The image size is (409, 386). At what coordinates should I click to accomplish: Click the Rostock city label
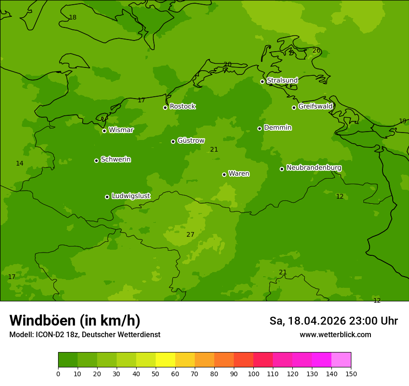[182, 106]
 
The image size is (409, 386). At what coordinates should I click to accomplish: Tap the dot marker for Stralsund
[262, 81]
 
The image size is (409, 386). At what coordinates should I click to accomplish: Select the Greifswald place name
[315, 106]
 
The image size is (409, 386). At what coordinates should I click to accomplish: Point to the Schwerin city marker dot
[96, 160]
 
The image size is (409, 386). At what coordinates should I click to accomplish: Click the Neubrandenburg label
[314, 168]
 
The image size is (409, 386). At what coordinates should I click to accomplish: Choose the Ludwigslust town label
[131, 196]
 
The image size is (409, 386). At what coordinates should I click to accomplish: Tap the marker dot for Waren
[224, 174]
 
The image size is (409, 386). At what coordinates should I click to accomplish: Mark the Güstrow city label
[191, 140]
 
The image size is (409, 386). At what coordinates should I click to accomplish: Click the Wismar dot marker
[104, 131]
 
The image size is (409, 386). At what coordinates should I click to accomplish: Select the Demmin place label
[277, 127]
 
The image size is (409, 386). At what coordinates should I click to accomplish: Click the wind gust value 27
[190, 234]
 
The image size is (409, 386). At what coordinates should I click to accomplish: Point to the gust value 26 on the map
[316, 50]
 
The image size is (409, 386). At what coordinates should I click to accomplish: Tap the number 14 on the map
[20, 163]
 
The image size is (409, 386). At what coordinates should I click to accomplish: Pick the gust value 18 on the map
[73, 18]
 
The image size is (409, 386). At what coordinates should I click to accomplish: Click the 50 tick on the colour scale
[156, 373]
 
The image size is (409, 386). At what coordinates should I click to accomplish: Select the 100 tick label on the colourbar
[253, 373]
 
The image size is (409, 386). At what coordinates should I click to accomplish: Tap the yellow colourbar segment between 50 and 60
[165, 360]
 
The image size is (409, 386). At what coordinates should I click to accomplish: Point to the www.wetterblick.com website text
[335, 334]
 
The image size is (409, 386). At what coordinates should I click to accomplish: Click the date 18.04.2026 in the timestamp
[316, 321]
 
